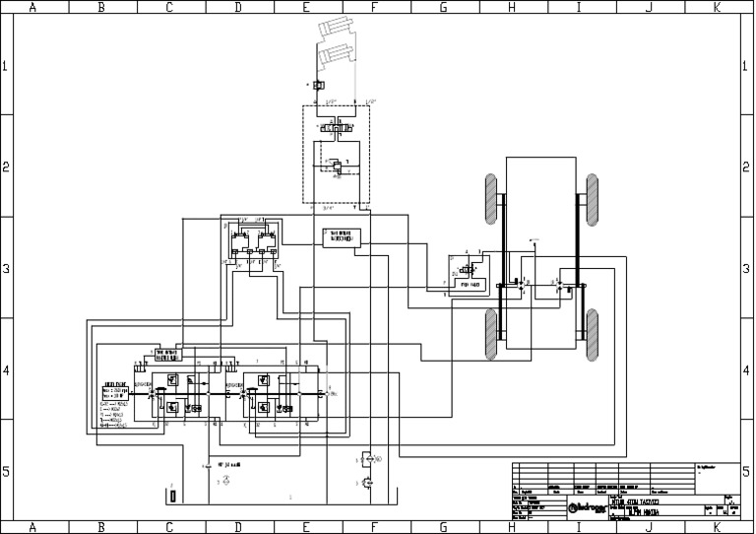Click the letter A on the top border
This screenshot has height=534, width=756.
click(33, 7)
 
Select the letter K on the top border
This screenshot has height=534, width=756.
click(717, 7)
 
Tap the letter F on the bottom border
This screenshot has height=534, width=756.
click(374, 527)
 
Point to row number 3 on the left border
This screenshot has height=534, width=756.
click(7, 268)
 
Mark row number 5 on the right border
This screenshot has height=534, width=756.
click(748, 472)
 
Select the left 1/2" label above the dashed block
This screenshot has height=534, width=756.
click(332, 100)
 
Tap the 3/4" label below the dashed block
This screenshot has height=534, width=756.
click(329, 209)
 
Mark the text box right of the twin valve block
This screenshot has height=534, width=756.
click(341, 237)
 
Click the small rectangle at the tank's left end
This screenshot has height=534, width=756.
click(171, 494)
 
